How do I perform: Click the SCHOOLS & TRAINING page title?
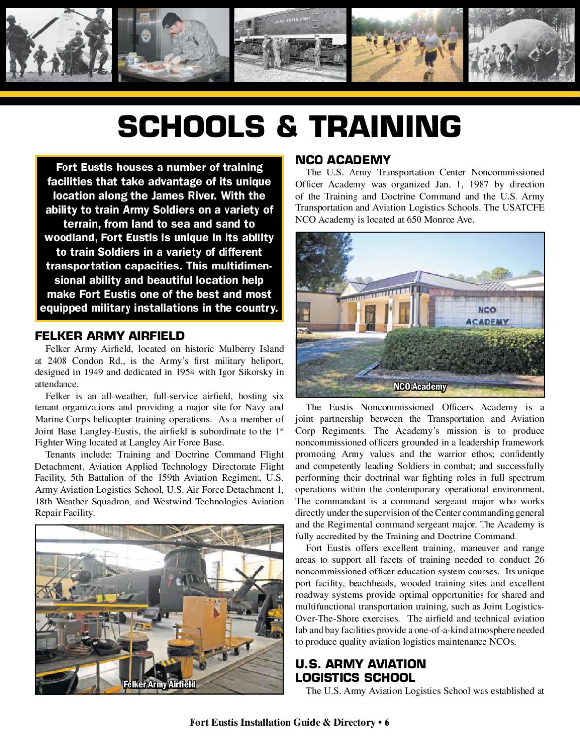point(290,127)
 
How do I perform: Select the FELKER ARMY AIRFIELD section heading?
point(109,336)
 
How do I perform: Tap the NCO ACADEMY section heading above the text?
point(343,160)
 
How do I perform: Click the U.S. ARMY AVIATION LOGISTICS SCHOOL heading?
point(360,671)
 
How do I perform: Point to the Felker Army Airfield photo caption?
point(160,684)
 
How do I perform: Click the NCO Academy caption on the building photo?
point(419,387)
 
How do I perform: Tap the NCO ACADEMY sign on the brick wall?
point(486,316)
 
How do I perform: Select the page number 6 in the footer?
point(387,723)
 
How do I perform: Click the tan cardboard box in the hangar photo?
point(201,616)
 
